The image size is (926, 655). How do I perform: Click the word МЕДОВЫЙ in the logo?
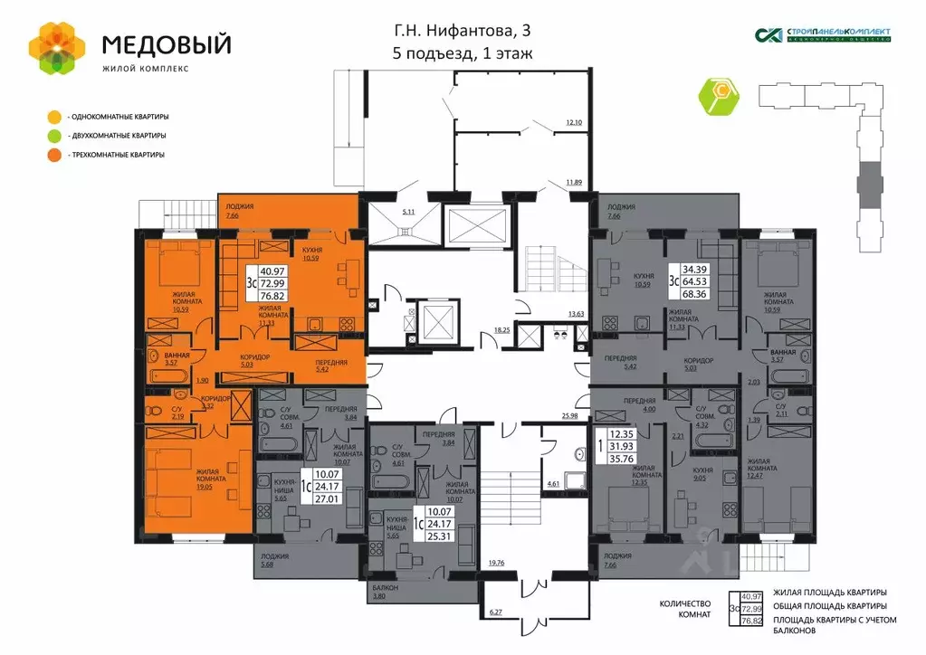tap(166, 43)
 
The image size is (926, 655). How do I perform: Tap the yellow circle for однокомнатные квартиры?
tap(55, 117)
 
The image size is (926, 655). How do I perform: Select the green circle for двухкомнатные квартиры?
tap(55, 136)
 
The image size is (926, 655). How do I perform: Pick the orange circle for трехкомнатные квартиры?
tap(55, 155)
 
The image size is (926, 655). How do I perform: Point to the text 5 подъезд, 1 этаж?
tap(462, 53)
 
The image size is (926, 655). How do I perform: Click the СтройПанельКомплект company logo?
tap(823, 34)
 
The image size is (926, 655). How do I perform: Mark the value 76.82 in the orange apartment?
tap(272, 295)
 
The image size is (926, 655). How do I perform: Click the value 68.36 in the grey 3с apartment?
tap(694, 294)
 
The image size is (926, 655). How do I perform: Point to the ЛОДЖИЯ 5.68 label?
tap(274, 561)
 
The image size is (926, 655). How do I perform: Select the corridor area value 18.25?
tap(501, 330)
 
